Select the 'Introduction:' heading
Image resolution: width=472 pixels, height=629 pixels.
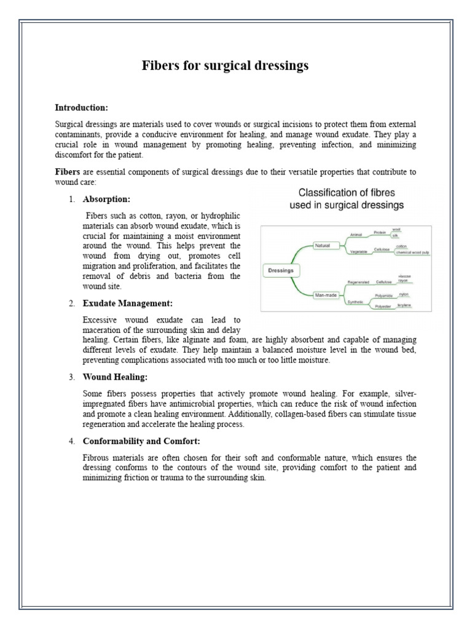(x=82, y=107)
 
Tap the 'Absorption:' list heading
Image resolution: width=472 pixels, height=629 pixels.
(x=106, y=200)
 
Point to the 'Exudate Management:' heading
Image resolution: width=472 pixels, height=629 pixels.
(x=127, y=303)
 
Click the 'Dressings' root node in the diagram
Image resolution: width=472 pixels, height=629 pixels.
(x=281, y=269)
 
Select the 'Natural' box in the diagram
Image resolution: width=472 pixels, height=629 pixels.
(x=322, y=245)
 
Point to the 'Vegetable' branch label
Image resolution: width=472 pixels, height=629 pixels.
(x=359, y=252)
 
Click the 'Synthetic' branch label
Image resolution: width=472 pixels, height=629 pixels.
(x=355, y=302)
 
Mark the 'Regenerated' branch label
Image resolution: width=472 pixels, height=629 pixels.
(x=358, y=282)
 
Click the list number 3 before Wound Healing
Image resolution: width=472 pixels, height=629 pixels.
(x=72, y=377)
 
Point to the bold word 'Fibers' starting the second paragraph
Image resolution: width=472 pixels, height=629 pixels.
(x=68, y=173)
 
